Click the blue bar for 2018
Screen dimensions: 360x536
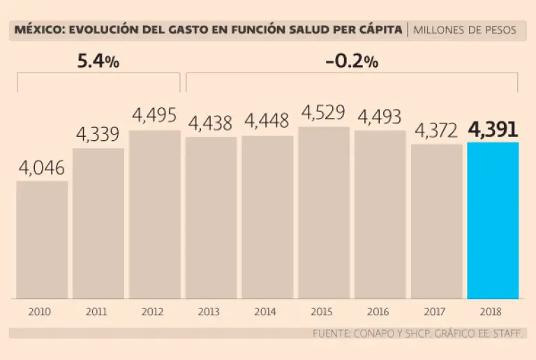coord(493,220)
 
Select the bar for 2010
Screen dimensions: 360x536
coord(42,240)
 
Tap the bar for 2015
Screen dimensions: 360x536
coord(324,213)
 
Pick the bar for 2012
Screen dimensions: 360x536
coord(155,215)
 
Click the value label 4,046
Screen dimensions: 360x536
coord(42,168)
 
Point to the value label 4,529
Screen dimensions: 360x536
coord(324,114)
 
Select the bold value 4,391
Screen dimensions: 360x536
coord(493,130)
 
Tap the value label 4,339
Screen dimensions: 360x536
coord(98,135)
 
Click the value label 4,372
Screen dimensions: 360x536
coord(436,130)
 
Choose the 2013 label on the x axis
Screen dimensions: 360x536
coord(211,312)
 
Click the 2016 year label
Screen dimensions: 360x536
coord(380,312)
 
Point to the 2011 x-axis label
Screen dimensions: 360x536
coord(98,312)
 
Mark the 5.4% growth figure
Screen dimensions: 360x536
coord(98,61)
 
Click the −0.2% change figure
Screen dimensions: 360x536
coord(352,61)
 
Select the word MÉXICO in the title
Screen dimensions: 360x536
coord(35,30)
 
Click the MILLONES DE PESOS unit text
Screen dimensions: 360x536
coord(465,30)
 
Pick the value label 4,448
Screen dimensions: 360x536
coord(267,122)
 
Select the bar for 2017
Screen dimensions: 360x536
coord(436,222)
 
